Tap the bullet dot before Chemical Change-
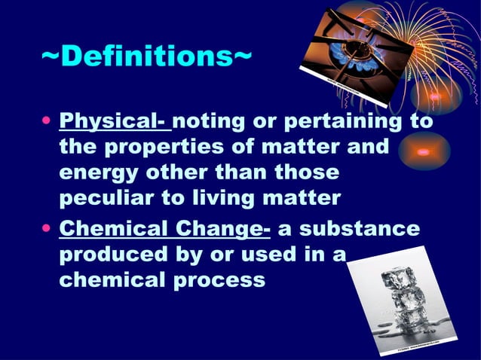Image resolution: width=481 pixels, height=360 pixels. click(x=47, y=228)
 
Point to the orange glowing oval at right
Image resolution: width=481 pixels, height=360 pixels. click(x=424, y=151)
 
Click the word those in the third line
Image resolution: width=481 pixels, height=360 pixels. click(x=301, y=174)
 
